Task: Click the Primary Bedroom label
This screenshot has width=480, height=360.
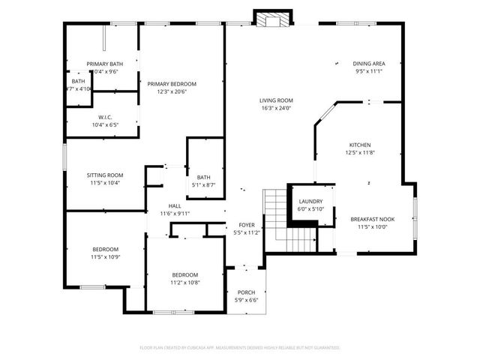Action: [172, 83]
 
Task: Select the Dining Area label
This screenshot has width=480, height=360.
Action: [369, 63]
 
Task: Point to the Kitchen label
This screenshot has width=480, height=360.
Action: [360, 145]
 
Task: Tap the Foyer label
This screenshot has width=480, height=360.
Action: [247, 225]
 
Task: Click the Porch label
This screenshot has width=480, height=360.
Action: [247, 292]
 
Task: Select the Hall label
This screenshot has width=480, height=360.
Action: [175, 205]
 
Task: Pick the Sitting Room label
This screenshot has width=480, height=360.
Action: [105, 175]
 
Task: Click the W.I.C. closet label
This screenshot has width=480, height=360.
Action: [105, 117]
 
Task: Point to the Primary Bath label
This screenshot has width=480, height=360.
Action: [105, 64]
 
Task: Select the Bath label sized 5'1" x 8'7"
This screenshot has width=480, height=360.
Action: [204, 177]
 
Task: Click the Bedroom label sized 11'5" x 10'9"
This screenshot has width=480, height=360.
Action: [105, 249]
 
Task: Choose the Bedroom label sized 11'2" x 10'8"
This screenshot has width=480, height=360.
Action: [184, 274]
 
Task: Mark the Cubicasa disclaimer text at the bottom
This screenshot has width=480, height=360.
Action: [240, 347]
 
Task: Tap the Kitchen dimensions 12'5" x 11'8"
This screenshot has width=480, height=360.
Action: [360, 153]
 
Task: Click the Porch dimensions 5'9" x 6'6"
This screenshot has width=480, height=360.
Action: [247, 300]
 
